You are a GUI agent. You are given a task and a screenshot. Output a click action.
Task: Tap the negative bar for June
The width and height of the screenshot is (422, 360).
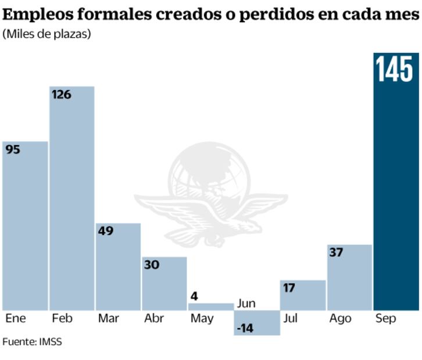[x=258, y=323]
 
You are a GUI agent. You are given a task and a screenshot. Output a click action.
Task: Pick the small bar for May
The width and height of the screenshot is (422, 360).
[x=211, y=307]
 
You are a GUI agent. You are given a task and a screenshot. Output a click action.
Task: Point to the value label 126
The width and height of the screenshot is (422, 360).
[x=61, y=94]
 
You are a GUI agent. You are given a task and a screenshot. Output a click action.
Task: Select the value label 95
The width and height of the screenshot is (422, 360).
[x=13, y=149]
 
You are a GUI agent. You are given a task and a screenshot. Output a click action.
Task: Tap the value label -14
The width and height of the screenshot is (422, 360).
[x=245, y=329]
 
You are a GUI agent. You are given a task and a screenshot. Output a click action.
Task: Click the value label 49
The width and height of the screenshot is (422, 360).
[x=106, y=231]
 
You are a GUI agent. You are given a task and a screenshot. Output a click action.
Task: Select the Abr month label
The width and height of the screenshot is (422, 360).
[x=153, y=318]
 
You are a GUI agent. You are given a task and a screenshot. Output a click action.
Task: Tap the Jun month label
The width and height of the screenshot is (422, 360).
[x=246, y=303]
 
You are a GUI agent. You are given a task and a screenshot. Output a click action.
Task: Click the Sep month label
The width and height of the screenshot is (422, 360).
[x=385, y=318]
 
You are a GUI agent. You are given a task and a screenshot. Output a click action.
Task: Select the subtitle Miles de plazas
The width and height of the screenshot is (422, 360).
[x=47, y=34]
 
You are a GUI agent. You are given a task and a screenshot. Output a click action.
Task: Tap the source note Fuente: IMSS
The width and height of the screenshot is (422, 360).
[x=32, y=341]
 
